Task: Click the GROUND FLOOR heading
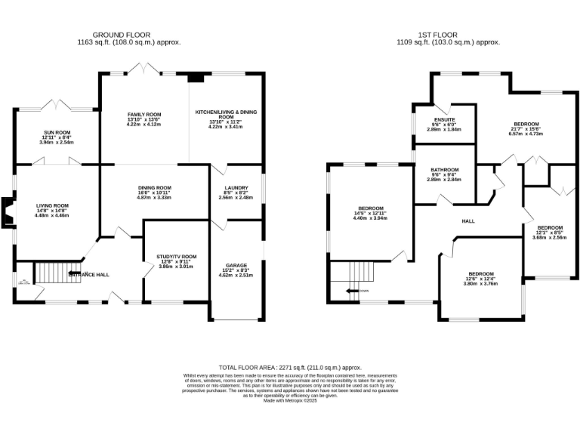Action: pos(122,35)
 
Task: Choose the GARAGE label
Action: pos(236,266)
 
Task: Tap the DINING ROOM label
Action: pos(154,188)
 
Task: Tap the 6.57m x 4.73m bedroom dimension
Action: pos(526,134)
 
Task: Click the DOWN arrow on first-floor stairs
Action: pos(356,290)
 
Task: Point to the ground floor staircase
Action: pos(53,273)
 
